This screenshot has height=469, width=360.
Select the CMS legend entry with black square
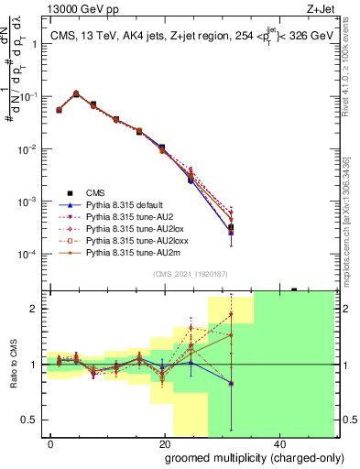tap(95, 192)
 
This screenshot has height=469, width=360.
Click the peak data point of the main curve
tap(76, 93)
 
